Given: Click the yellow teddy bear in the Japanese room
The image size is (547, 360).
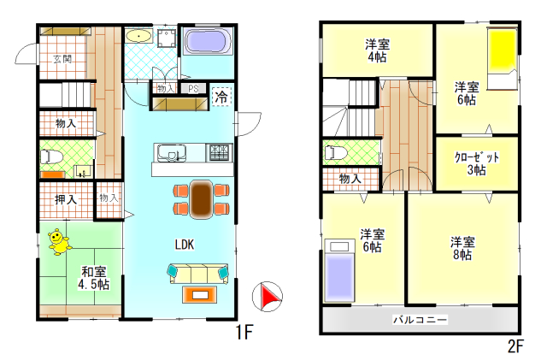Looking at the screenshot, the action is point(60,242).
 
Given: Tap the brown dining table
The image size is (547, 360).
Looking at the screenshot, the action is point(201,199).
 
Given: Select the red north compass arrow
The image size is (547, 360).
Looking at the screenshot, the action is point(271,296).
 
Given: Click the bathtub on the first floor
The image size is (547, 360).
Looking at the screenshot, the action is point(208,41).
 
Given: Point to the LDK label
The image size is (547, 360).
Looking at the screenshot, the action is point(185,245).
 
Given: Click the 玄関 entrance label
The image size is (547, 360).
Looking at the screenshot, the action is point(62,59).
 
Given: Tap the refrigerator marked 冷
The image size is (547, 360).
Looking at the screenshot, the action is point(222,97).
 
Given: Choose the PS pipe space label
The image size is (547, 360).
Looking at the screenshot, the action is point(193,89).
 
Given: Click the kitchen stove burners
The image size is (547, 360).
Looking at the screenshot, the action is point(220,152).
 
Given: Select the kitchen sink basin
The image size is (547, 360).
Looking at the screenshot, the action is point(171,153).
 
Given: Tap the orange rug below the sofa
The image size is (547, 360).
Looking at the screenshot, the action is point(200,295).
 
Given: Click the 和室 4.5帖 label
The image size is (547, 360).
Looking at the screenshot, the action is point(93,278).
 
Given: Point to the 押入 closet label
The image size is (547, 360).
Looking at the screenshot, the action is point(66,199).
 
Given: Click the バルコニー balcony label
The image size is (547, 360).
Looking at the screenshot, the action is point(420,320).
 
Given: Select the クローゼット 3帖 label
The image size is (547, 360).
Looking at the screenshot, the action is point(477,163).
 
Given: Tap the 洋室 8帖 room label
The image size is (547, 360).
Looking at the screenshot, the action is point(462,248).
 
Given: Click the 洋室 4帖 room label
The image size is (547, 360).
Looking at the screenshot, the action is point(378,50).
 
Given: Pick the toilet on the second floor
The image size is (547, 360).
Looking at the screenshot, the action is point(335,153).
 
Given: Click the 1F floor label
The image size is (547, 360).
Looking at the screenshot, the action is point(244,333).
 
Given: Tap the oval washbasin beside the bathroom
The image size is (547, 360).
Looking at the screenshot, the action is point(138,36).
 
